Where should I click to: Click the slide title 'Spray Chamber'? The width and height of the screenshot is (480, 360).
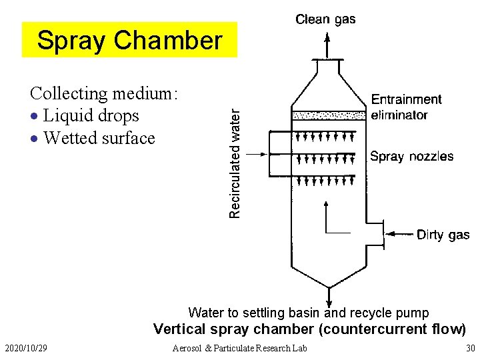(x=129, y=41)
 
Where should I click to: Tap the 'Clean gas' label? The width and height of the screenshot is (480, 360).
(x=325, y=19)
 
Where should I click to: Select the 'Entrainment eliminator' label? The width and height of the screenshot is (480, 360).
(x=406, y=107)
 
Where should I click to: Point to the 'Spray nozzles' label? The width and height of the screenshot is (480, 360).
(x=411, y=157)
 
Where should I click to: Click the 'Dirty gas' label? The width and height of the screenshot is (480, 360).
(x=443, y=235)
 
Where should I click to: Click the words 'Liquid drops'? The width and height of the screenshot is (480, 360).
(x=91, y=115)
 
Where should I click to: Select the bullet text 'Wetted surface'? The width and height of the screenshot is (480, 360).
(x=99, y=138)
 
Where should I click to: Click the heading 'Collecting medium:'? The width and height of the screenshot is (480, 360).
(x=104, y=93)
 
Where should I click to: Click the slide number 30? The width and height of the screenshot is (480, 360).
(x=471, y=348)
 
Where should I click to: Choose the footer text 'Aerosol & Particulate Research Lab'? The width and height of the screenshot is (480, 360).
(x=239, y=348)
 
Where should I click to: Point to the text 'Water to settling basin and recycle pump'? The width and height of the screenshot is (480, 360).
(x=309, y=313)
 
